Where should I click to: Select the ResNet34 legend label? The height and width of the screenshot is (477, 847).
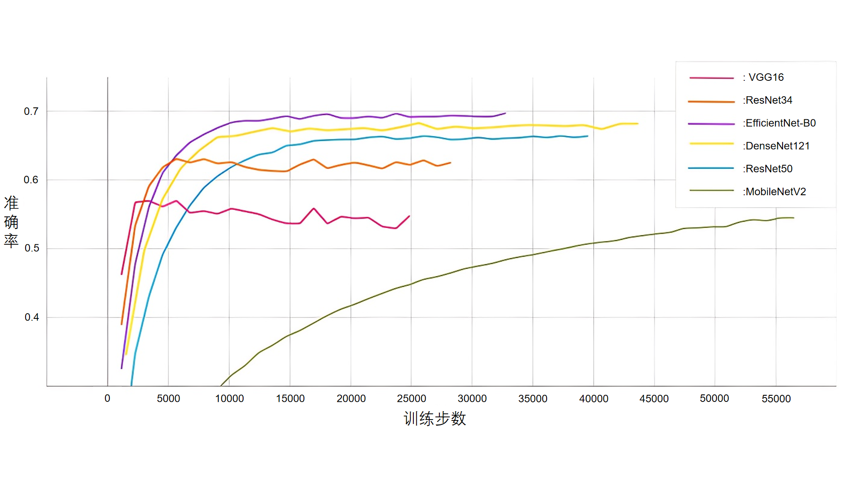tap(768, 100)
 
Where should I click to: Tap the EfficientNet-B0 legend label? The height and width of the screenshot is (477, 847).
tap(780, 123)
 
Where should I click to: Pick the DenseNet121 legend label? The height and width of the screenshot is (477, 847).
tap(777, 146)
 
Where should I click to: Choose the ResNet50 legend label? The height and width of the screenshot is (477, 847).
tap(768, 169)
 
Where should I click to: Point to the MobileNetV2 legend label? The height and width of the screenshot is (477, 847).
tap(775, 192)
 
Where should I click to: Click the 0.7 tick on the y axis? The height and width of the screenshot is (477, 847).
tap(31, 111)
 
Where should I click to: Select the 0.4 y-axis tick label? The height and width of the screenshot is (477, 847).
tap(31, 317)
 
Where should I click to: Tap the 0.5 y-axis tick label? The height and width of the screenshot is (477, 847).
tap(31, 248)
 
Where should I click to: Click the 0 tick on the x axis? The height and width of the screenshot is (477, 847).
tap(107, 398)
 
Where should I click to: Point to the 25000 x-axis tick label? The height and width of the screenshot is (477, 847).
tap(411, 398)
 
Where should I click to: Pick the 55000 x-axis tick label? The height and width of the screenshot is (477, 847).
tap(776, 399)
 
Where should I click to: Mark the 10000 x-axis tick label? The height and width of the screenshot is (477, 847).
tap(229, 398)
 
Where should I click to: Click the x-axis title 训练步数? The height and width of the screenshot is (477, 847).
tap(435, 419)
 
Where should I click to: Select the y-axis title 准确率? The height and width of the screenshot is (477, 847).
tap(11, 222)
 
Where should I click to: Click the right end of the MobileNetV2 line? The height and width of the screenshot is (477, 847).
tap(794, 218)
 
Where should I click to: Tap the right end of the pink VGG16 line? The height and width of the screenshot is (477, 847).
tap(409, 216)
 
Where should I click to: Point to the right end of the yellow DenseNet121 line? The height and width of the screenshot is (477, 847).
tap(638, 124)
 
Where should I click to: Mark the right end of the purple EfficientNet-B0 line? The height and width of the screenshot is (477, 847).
tap(505, 113)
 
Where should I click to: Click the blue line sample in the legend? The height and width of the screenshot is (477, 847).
tap(711, 168)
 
